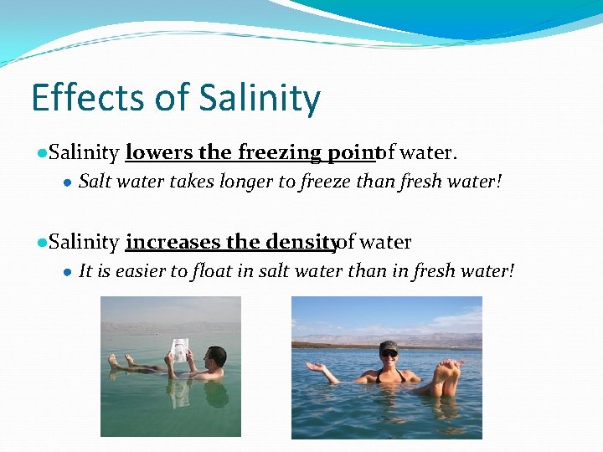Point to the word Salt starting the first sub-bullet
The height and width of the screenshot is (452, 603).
coord(95,182)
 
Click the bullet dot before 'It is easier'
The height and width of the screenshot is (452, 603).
coord(67,272)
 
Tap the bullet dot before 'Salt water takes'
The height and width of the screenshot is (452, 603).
coord(67,182)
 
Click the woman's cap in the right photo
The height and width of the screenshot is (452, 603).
coord(389,346)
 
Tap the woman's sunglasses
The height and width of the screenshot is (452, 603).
coord(389,354)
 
